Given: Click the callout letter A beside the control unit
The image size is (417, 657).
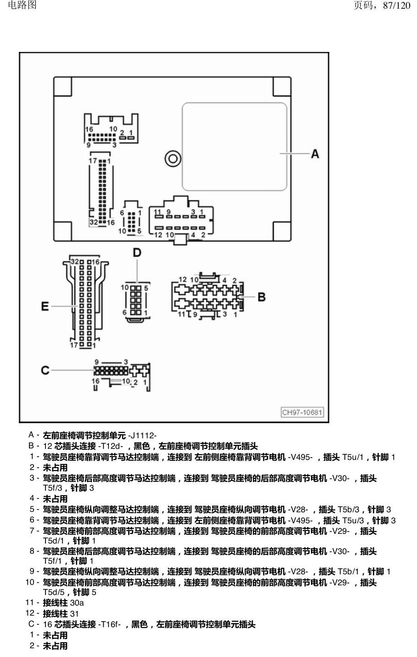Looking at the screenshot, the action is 315,154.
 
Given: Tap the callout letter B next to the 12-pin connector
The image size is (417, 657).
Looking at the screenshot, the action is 261,297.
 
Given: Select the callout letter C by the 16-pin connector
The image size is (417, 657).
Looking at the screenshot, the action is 45,370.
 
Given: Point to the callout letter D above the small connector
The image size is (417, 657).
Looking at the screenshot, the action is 137,253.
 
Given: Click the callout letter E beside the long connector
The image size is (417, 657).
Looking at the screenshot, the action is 45,306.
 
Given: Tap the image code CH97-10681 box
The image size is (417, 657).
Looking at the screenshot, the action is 302,413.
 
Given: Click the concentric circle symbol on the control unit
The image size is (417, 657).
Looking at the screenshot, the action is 173,159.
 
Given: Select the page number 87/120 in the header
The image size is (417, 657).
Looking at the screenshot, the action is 396,5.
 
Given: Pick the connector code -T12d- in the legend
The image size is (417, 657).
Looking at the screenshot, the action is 110,446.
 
